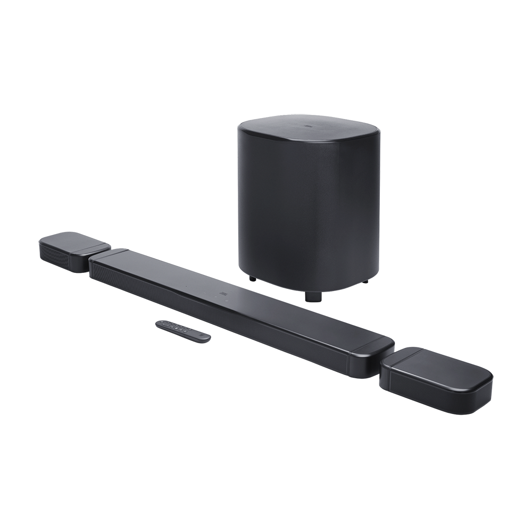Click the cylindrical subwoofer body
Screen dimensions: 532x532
309,213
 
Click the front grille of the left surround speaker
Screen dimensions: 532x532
56,255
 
